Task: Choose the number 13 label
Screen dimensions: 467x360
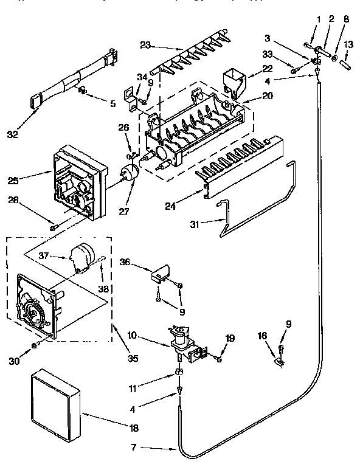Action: pos(348,45)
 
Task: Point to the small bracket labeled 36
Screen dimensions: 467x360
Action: pos(161,272)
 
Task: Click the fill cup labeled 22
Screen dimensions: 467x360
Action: pos(235,83)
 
